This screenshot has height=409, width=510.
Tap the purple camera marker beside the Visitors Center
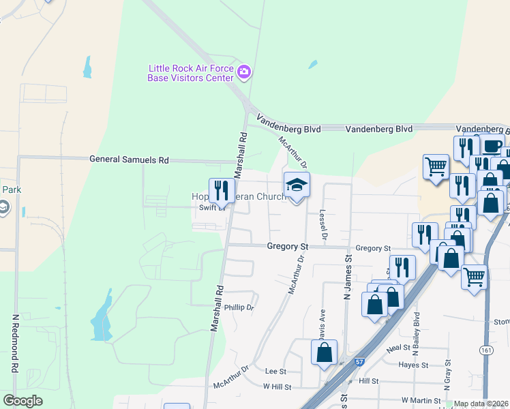click(244, 71)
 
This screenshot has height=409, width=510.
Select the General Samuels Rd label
click(129, 159)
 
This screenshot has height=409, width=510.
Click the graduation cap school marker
click(297, 185)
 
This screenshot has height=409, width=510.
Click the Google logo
click(23, 401)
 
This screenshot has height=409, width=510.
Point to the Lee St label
click(275, 372)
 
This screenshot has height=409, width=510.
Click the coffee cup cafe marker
click(492, 146)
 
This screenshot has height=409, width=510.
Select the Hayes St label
click(413, 365)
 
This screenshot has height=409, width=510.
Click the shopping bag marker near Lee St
click(325, 352)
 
